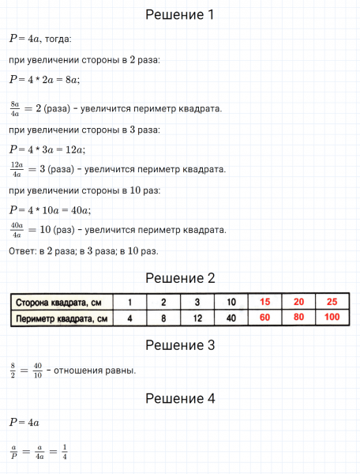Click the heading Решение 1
(180, 15)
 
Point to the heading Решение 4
(180, 399)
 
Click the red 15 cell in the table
(264, 303)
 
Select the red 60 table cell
(264, 318)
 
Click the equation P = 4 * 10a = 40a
(51, 210)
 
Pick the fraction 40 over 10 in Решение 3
(38, 370)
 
